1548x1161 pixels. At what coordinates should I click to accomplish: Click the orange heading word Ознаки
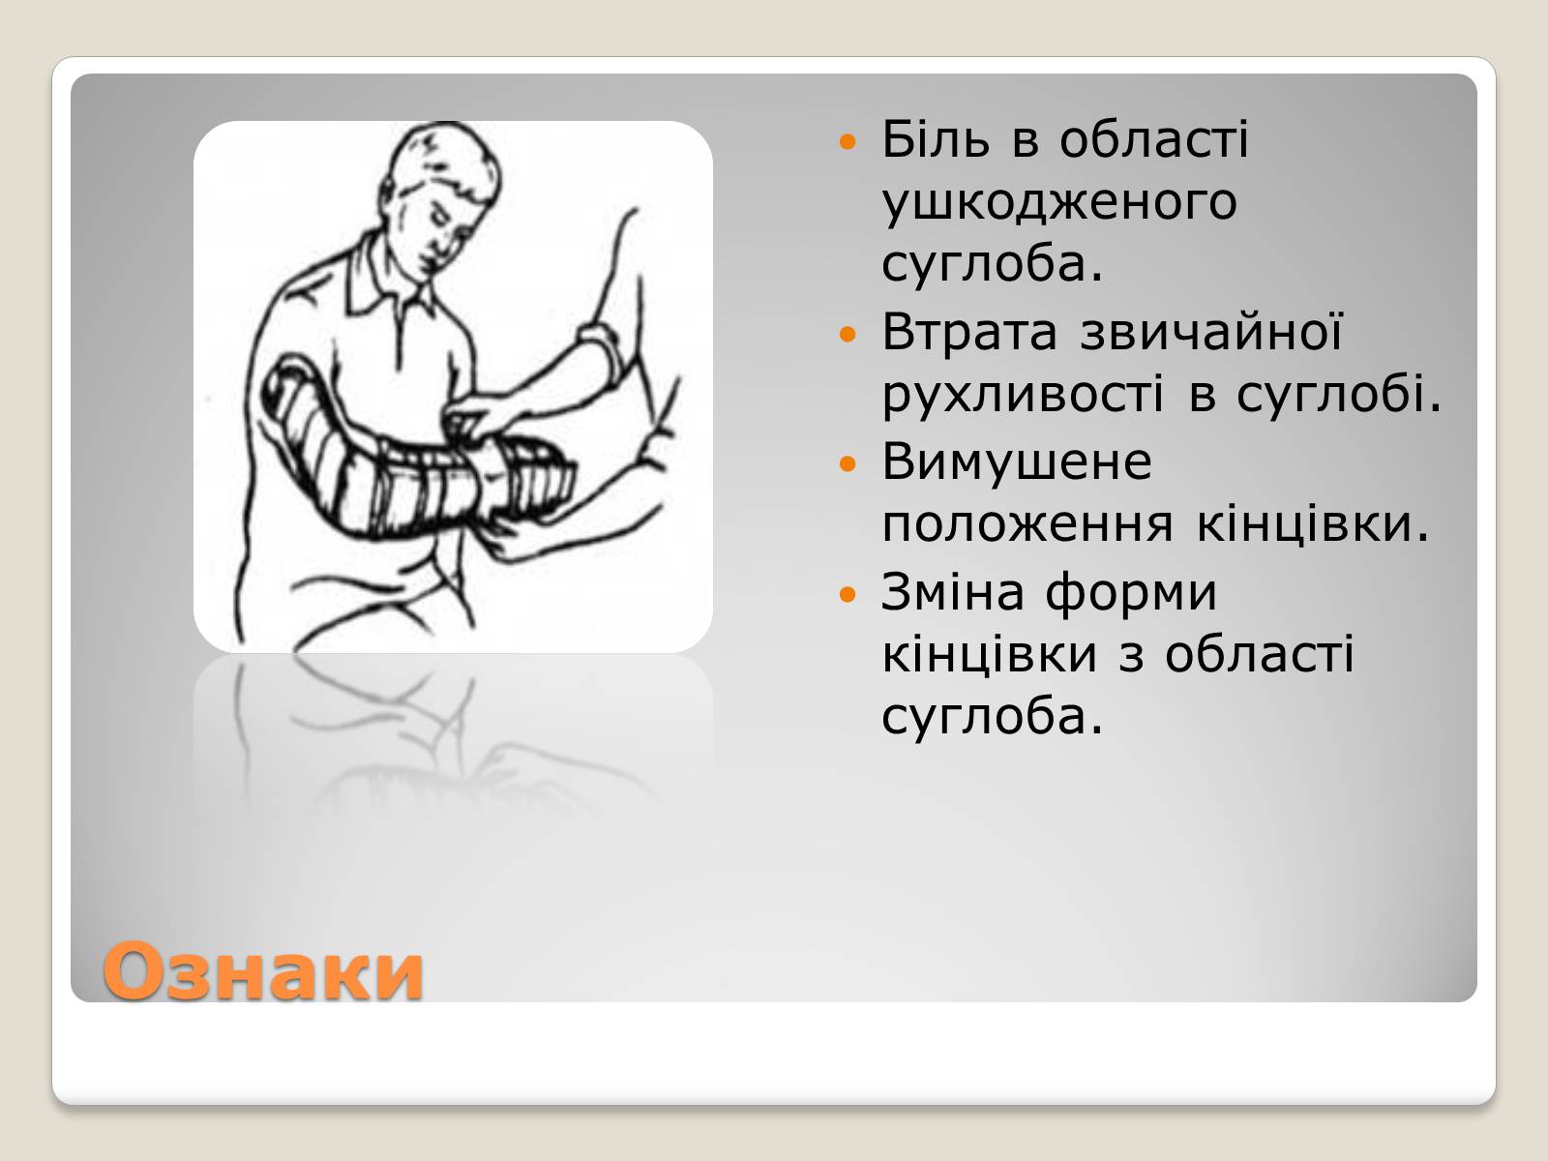click(x=263, y=971)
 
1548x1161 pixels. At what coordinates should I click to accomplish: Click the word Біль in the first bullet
click(x=936, y=139)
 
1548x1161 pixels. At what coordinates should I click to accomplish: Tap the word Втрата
click(x=969, y=332)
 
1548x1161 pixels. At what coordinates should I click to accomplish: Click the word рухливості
click(x=1023, y=396)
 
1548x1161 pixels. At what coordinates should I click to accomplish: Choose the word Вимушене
click(x=1017, y=462)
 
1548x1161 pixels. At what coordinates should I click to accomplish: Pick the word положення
click(x=1027, y=526)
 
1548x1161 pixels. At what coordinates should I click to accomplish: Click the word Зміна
click(x=952, y=591)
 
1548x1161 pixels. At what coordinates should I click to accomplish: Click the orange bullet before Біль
click(x=848, y=141)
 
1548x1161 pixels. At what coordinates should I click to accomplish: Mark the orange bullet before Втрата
click(x=848, y=334)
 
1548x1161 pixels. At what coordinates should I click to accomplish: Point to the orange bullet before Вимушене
click(x=848, y=463)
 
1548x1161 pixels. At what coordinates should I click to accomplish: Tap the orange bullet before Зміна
click(x=848, y=594)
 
